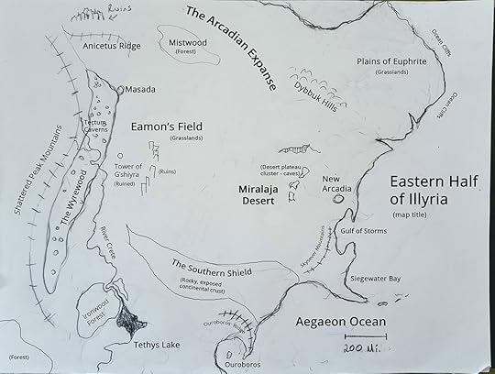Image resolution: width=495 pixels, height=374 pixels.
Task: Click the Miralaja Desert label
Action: (x=258, y=193)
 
